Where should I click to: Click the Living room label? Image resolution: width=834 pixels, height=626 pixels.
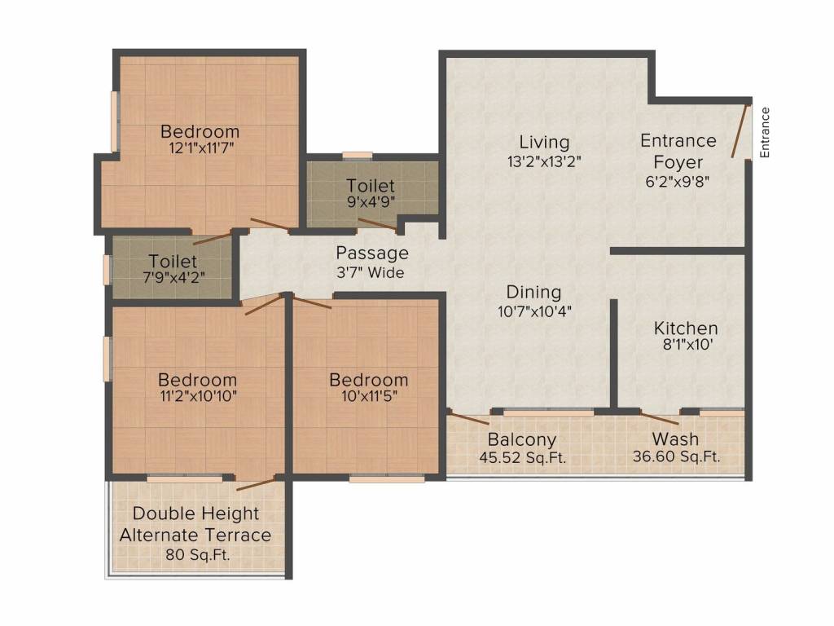pos(544,142)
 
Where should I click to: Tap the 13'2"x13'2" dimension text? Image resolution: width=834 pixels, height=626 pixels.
pos(544,161)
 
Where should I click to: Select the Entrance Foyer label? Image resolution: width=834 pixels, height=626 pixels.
pos(678,151)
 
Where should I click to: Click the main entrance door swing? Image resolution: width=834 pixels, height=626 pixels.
pos(740,131)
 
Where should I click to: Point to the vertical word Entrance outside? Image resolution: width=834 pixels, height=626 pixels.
pos(765,133)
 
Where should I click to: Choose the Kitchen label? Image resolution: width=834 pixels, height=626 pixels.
pos(686,328)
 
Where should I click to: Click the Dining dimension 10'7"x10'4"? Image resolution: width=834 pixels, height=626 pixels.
pos(534,311)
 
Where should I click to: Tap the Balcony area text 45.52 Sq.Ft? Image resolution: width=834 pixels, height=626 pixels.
pos(522,457)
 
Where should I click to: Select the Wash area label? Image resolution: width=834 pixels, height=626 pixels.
pos(675,439)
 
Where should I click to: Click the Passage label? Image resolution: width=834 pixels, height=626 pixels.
pos(372,253)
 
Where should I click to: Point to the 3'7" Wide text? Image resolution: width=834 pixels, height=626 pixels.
pos(371,272)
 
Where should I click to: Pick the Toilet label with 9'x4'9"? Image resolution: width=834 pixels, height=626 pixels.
pos(371,186)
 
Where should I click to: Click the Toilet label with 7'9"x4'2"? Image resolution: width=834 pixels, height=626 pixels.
pos(173,262)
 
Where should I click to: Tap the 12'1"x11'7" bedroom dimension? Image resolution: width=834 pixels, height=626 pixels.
pos(201,148)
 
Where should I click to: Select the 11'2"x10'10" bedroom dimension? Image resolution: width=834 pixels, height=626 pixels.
pos(198,396)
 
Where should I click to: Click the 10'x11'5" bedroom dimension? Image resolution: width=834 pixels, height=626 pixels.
pos(370,396)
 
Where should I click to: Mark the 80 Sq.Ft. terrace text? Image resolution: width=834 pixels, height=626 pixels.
pos(197,554)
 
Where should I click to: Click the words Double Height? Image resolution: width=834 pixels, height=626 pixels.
pos(195,514)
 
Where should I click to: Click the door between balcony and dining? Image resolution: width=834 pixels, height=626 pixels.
pos(468,417)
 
